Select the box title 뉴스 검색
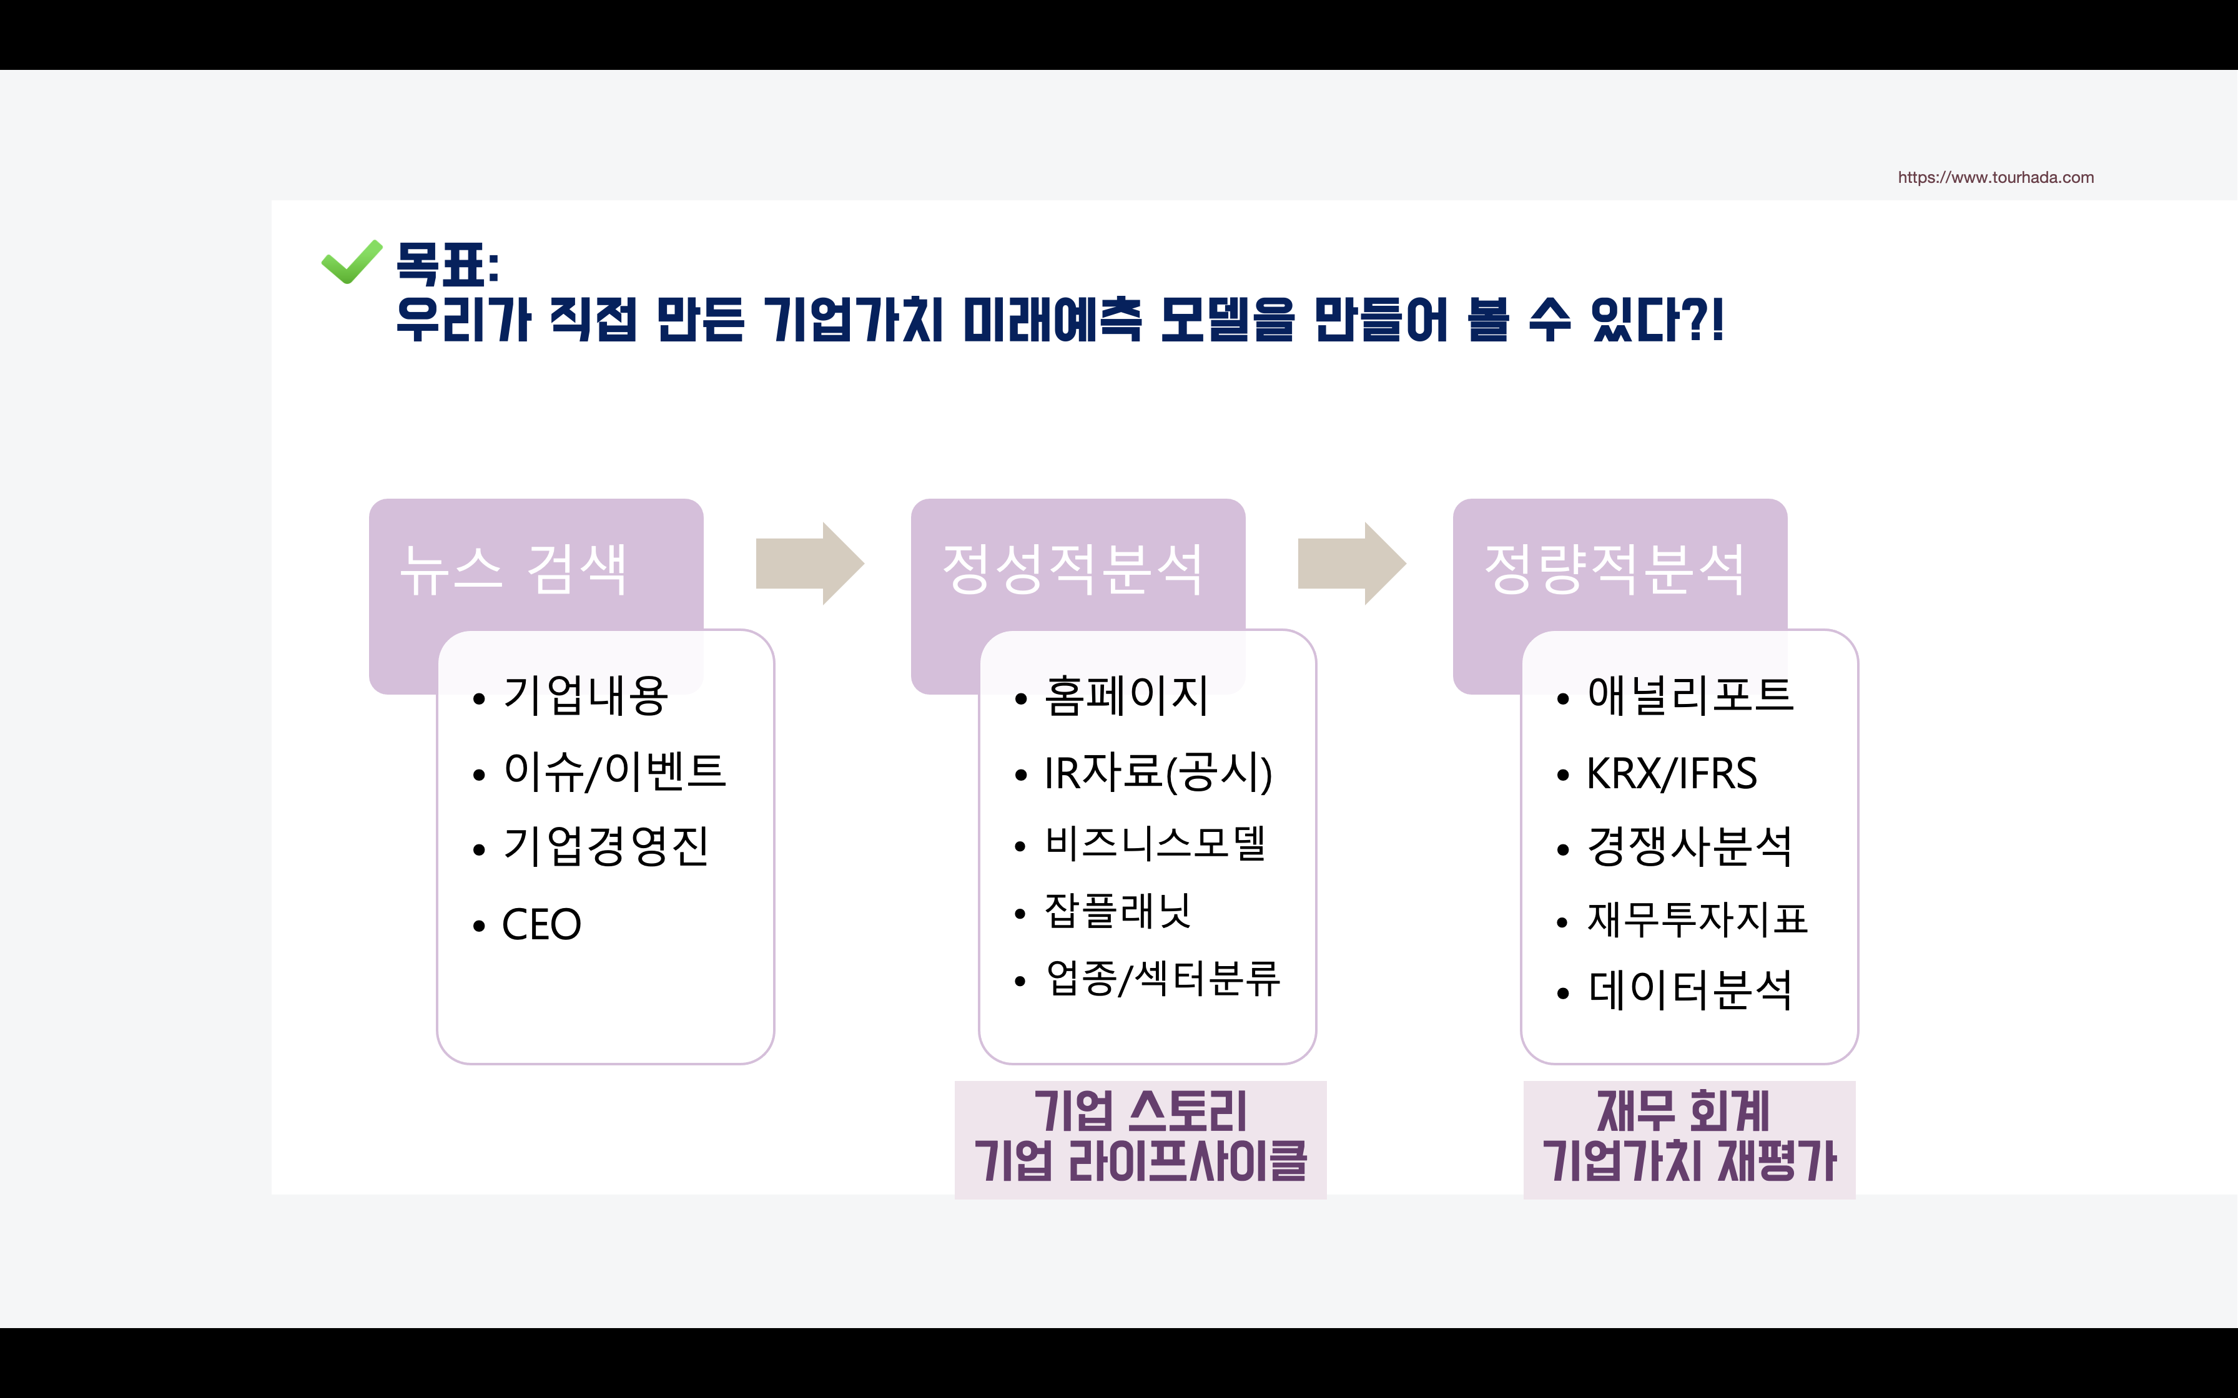(x=513, y=569)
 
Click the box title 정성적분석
(x=1073, y=569)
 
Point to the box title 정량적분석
(x=1615, y=569)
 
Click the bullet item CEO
(x=541, y=924)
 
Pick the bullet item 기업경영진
(x=606, y=846)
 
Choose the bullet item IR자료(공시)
(x=1158, y=773)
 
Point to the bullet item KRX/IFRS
(x=1671, y=774)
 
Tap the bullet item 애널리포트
(x=1690, y=695)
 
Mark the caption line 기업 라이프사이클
(x=1140, y=1161)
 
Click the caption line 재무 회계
(x=1683, y=1112)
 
